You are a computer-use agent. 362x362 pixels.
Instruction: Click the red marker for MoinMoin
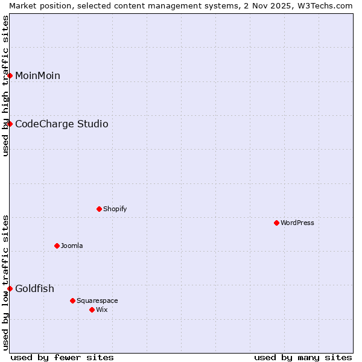click(x=10, y=75)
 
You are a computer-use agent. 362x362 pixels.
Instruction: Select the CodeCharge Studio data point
click(x=10, y=124)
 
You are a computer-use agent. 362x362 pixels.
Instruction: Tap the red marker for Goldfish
click(x=10, y=288)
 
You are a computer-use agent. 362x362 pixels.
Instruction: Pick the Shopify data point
click(x=99, y=209)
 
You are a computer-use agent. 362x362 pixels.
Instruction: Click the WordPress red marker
click(x=276, y=223)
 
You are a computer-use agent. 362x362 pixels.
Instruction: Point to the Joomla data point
click(x=57, y=246)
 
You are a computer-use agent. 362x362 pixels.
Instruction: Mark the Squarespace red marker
click(x=72, y=300)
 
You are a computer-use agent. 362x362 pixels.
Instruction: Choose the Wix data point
click(x=92, y=310)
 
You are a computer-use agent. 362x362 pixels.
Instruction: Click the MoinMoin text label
click(x=37, y=75)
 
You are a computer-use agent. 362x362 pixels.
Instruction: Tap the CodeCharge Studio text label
click(x=62, y=124)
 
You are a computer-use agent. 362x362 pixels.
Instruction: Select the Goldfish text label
click(x=34, y=288)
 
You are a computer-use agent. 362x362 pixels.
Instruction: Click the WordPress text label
click(x=297, y=223)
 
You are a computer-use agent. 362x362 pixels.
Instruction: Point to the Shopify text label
click(x=115, y=209)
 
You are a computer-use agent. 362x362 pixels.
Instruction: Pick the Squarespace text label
click(x=97, y=300)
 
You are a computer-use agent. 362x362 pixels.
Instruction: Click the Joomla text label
click(x=72, y=246)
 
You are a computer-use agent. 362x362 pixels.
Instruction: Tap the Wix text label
click(x=101, y=310)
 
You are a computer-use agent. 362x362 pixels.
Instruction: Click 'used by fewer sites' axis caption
click(x=62, y=357)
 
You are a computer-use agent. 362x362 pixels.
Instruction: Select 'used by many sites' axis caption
click(x=303, y=357)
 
